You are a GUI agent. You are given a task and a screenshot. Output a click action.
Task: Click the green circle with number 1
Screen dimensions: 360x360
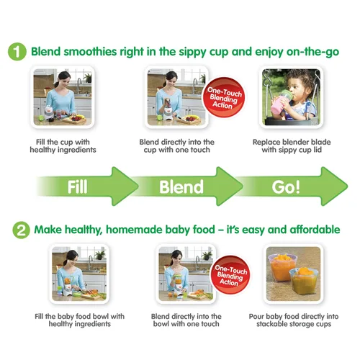18,52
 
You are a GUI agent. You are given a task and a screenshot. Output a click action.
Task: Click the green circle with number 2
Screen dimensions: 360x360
18,230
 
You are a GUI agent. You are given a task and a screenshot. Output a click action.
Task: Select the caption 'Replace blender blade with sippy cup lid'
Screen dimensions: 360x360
290,145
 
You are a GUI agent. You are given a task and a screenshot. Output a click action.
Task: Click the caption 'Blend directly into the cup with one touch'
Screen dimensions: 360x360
178,145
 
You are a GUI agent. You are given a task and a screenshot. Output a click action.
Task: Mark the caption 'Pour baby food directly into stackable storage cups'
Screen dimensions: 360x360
292,320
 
